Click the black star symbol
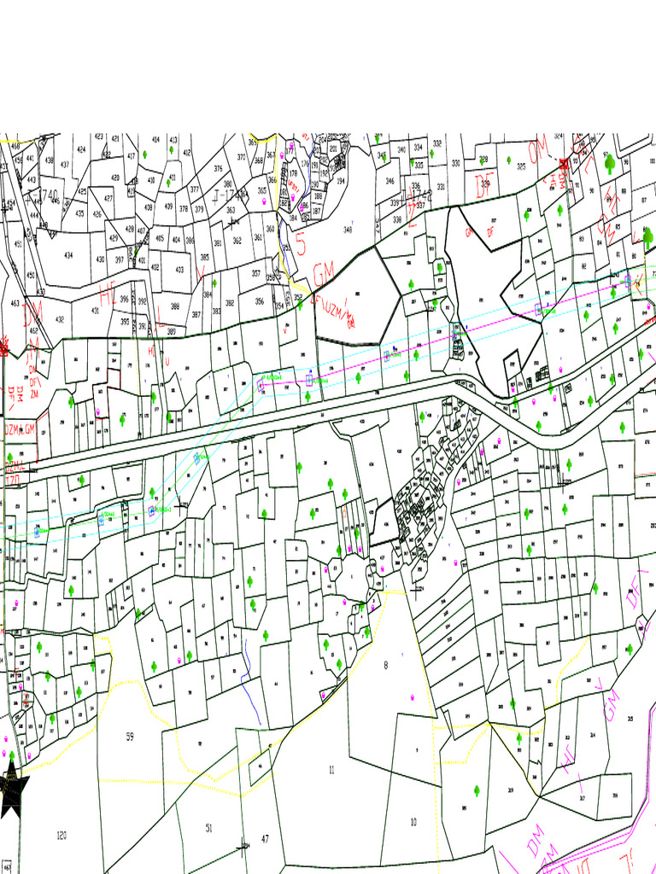[x=13, y=790]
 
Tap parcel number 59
[x=130, y=736]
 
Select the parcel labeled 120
[x=61, y=834]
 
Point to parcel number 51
[x=209, y=827]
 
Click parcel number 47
[x=265, y=839]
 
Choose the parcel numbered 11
[x=331, y=770]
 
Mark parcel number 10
[x=413, y=822]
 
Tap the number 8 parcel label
[x=385, y=666]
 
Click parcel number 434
[x=68, y=255]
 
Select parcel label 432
[x=60, y=319]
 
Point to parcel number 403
[x=179, y=270]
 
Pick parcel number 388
[x=175, y=306]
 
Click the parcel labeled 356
[x=260, y=300]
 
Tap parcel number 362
[x=237, y=240]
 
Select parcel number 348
[x=348, y=229]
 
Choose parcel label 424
[x=81, y=149]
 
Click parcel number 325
[x=521, y=166]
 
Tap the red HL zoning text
[x=107, y=296]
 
